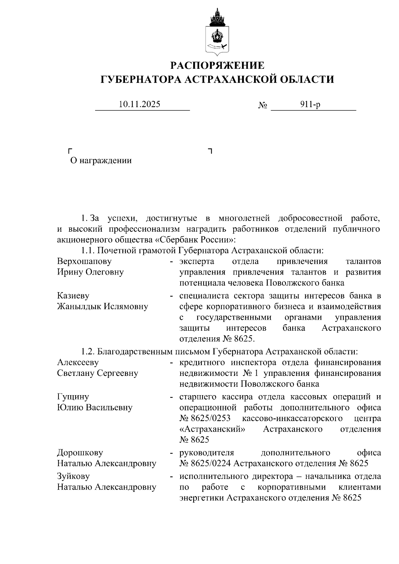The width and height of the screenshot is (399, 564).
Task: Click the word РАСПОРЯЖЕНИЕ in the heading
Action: (217, 65)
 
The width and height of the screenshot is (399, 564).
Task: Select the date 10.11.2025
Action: (140, 104)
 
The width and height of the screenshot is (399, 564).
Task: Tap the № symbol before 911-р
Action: (263, 105)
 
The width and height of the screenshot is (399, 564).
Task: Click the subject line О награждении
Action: (101, 161)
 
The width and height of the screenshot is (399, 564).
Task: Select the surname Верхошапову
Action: (84, 262)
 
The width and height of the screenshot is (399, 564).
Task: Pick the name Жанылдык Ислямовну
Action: (102, 306)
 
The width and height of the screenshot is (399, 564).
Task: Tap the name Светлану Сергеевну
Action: (97, 373)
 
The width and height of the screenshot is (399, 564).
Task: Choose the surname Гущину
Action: (73, 397)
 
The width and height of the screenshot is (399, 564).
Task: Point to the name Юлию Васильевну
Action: (95, 407)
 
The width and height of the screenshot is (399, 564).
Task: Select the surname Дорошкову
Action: (80, 453)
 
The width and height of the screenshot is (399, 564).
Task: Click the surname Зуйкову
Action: (73, 476)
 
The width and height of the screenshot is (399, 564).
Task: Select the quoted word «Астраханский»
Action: (213, 429)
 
